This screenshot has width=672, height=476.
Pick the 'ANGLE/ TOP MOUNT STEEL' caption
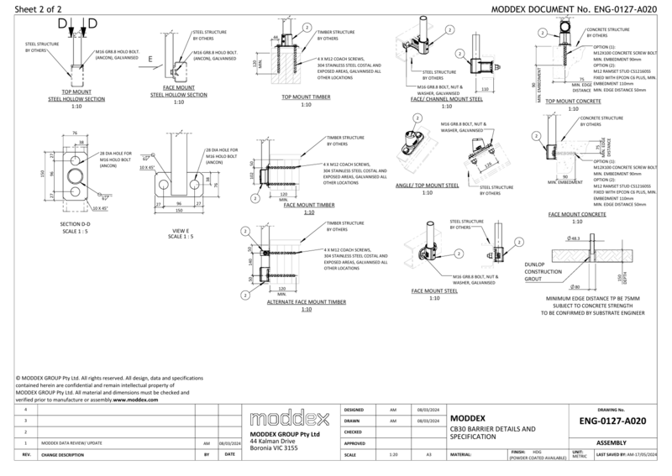tap(427, 185)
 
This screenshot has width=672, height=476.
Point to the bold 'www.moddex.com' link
tap(136, 400)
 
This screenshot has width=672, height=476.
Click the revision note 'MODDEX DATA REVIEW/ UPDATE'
tap(71, 442)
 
